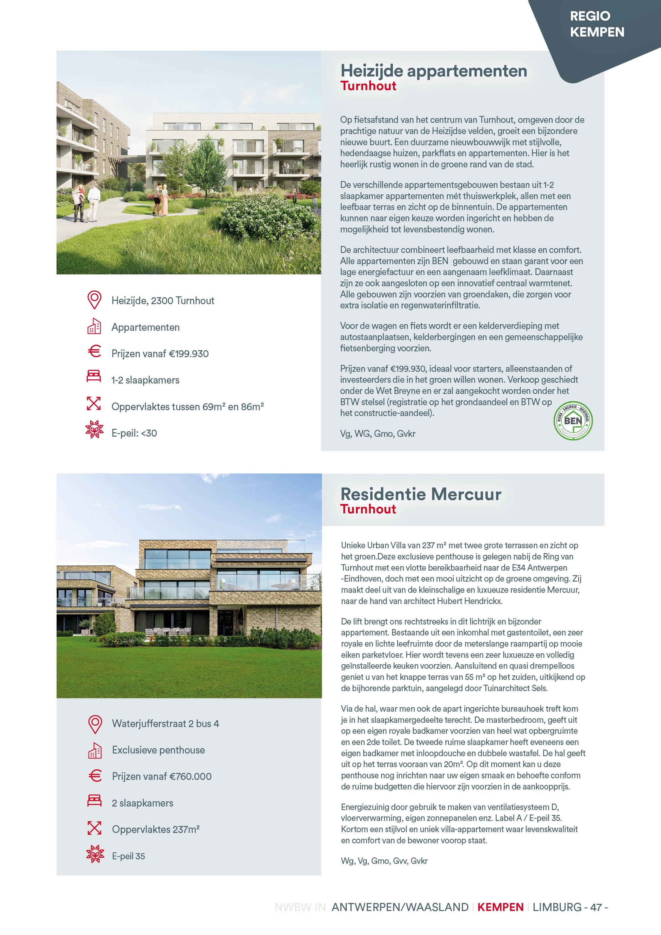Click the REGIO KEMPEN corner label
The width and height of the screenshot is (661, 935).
point(597,24)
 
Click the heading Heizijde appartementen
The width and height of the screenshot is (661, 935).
point(434,71)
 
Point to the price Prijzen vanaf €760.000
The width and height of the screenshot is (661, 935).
point(162,776)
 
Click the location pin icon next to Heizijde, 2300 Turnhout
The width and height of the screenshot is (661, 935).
point(94,300)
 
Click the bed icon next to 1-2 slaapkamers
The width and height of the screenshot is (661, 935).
point(94,376)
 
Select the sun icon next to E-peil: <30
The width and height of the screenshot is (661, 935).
point(94,430)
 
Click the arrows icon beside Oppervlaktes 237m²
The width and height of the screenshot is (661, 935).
point(94,828)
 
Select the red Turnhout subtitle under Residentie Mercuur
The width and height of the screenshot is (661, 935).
point(368,509)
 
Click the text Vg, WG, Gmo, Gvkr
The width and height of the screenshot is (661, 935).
point(378,434)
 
